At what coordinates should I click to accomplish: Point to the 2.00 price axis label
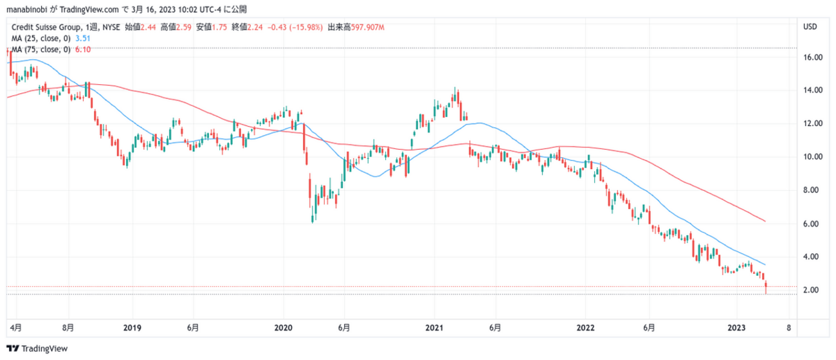coord(812,290)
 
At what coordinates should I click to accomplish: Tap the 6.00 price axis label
coord(812,224)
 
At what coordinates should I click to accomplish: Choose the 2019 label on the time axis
coord(132,327)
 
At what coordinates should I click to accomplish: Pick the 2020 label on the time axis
coord(284,327)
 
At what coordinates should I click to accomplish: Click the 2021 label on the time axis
coord(435,327)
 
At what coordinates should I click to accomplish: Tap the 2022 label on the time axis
coord(586,327)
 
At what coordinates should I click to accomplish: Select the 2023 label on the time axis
coord(737,327)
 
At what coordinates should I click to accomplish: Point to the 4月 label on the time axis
coord(17,327)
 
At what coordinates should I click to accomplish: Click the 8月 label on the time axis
coord(68,327)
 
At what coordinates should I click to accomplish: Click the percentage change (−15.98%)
coord(304,28)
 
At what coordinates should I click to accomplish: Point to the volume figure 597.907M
coord(365,28)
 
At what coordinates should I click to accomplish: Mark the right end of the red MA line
coord(765,221)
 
